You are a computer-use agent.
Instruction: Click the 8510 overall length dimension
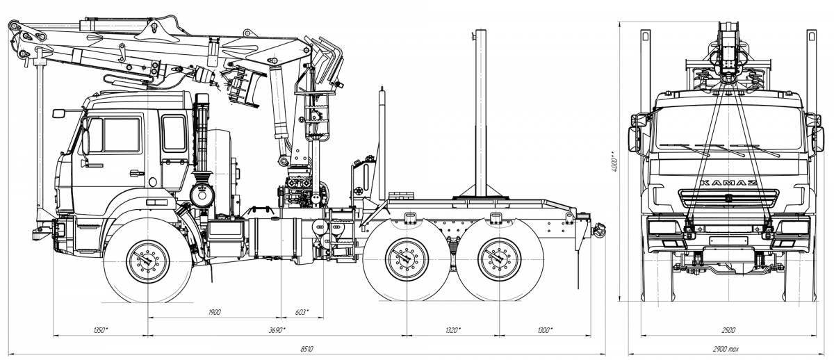point(306,349)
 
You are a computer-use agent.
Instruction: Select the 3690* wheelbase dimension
point(277,330)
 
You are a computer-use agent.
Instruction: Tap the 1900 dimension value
point(215,312)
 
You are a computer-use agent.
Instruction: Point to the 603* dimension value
point(302,312)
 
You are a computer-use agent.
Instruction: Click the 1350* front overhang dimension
point(101,330)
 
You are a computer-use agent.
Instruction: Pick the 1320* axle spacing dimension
point(453,330)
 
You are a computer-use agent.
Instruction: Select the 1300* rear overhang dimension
point(545,330)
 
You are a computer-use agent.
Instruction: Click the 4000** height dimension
point(614,161)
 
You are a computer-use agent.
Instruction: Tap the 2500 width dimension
point(728,330)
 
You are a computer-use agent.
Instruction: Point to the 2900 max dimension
point(726,349)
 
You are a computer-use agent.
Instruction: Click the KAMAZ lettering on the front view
point(728,183)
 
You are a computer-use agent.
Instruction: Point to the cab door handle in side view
point(137,173)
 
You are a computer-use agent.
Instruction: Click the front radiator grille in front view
point(728,199)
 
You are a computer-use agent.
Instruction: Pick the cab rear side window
point(174,133)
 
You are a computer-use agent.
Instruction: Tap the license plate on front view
point(728,241)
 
